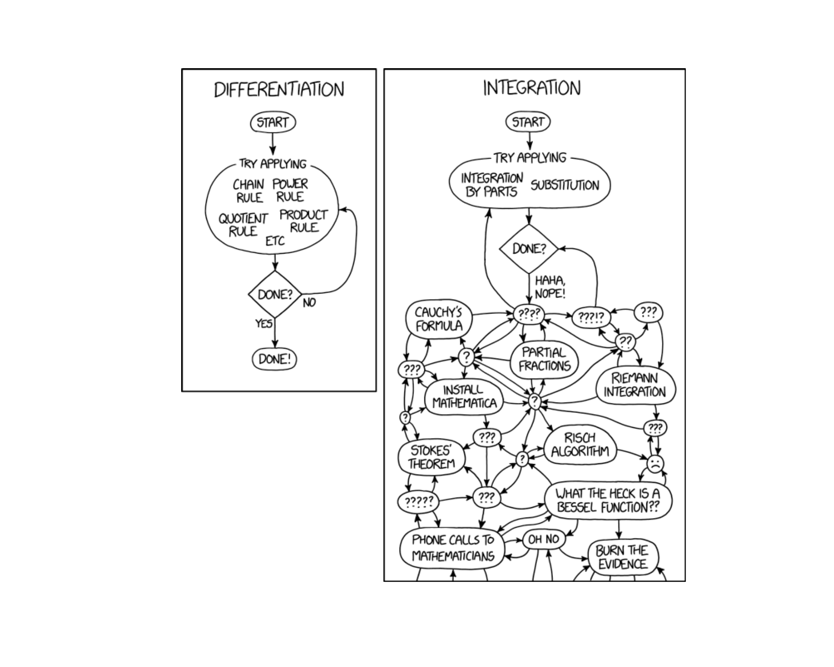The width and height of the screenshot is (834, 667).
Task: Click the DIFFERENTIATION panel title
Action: click(x=279, y=89)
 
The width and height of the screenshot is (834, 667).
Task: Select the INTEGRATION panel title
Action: click(x=532, y=88)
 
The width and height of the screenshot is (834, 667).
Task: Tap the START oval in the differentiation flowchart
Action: click(x=273, y=122)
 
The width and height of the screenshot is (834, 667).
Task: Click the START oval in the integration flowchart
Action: click(x=528, y=122)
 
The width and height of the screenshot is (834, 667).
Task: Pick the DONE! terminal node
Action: click(x=275, y=360)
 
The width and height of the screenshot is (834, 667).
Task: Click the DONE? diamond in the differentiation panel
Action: click(x=275, y=294)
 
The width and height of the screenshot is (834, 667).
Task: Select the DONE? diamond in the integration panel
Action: click(x=529, y=249)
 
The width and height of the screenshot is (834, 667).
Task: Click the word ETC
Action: click(x=275, y=241)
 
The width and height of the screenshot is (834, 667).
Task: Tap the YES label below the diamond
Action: click(x=264, y=324)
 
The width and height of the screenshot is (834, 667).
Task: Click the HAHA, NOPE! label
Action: click(x=550, y=287)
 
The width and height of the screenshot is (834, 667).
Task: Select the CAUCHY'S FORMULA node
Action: click(x=439, y=319)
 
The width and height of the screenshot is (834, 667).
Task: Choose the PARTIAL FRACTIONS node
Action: click(x=544, y=359)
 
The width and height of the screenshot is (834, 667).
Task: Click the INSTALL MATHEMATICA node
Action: click(x=464, y=396)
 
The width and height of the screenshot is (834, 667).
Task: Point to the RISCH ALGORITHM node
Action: click(x=580, y=445)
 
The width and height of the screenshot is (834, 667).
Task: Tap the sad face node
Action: click(x=655, y=464)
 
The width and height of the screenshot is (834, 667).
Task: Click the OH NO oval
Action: click(x=543, y=539)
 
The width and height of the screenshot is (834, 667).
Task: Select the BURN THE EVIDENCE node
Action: click(x=622, y=558)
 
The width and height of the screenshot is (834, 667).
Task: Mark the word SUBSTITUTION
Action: click(x=565, y=185)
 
